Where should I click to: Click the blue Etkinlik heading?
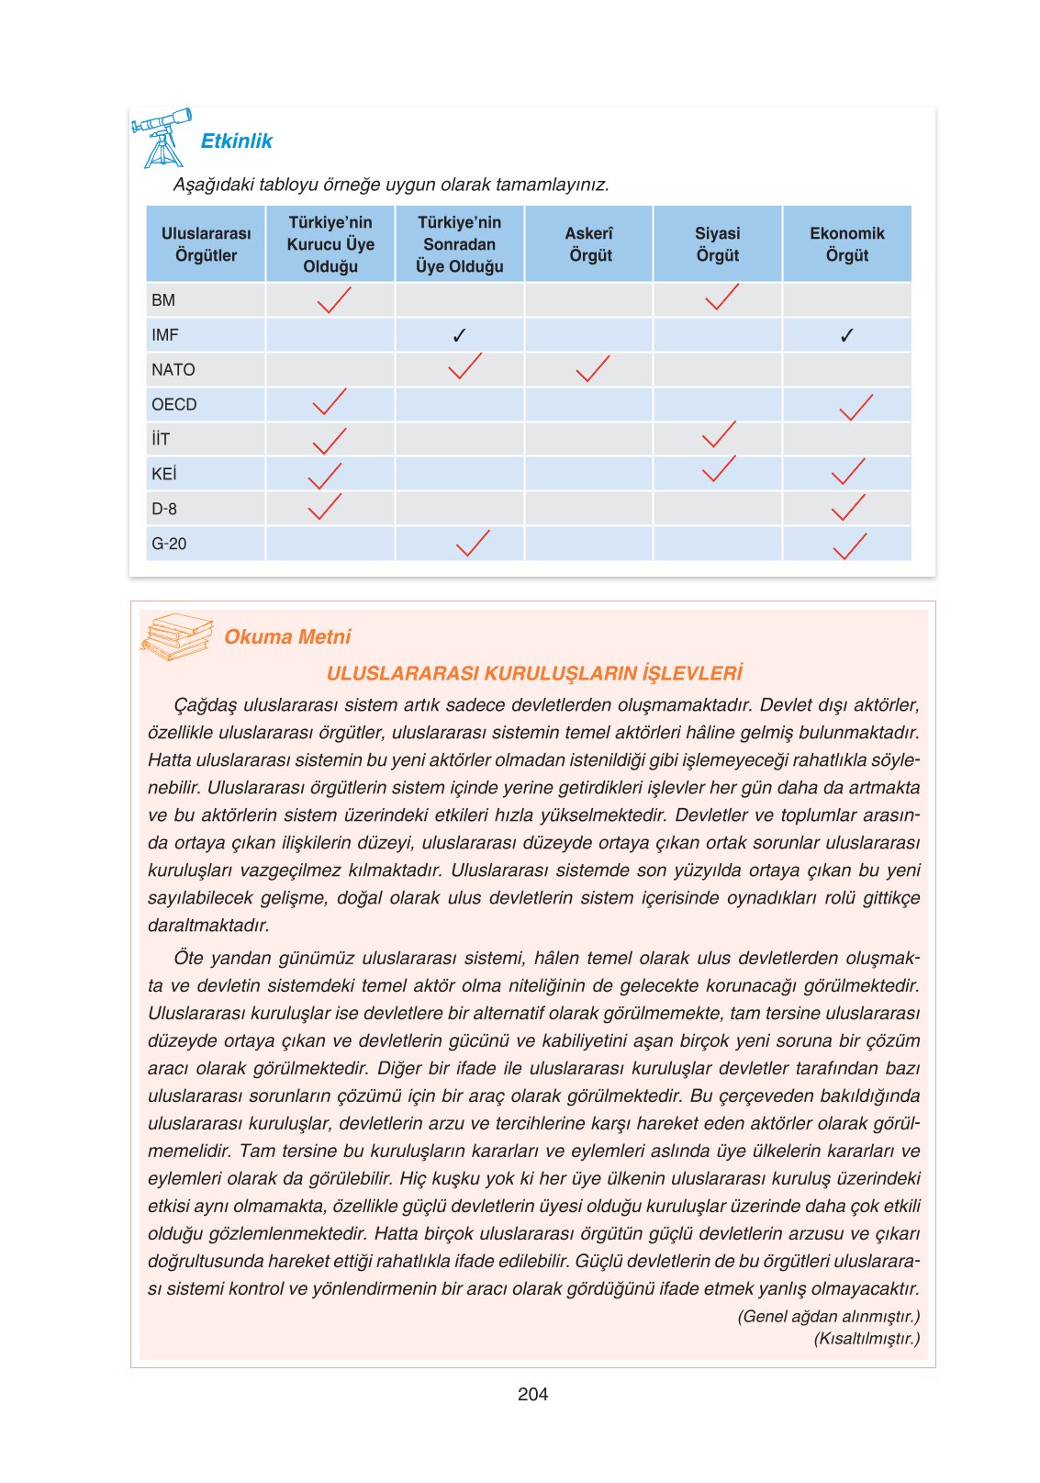click(236, 140)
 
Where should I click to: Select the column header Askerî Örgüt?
click(588, 244)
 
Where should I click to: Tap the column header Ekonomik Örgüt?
click(846, 244)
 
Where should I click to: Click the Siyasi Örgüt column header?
click(717, 244)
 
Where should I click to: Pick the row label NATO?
click(173, 370)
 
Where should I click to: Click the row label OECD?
click(174, 405)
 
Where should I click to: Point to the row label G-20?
click(169, 544)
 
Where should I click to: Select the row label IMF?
click(165, 335)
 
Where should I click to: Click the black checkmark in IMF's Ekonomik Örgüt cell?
click(846, 336)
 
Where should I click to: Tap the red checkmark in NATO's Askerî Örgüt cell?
click(592, 369)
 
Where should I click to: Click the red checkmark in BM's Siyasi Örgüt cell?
click(721, 298)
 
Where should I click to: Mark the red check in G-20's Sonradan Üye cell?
click(473, 544)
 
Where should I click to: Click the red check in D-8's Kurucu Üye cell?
click(324, 507)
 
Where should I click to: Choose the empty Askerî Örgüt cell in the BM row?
click(588, 300)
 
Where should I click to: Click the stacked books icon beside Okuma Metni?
click(176, 636)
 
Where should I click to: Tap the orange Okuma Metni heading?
click(287, 636)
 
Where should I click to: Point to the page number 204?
click(532, 1394)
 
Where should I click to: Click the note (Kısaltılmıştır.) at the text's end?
click(866, 1338)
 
